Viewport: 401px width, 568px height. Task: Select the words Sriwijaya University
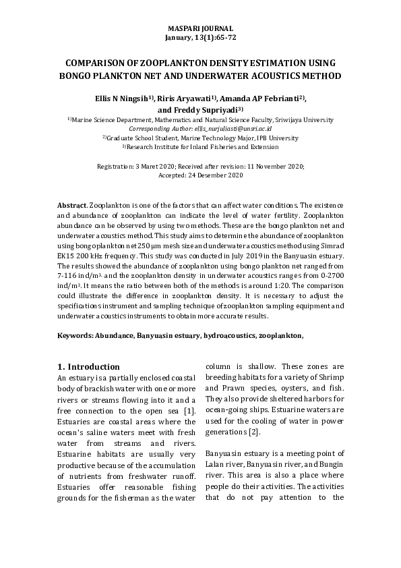(300, 119)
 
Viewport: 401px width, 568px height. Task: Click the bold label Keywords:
(75, 335)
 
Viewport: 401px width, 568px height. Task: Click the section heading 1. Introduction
(88, 367)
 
